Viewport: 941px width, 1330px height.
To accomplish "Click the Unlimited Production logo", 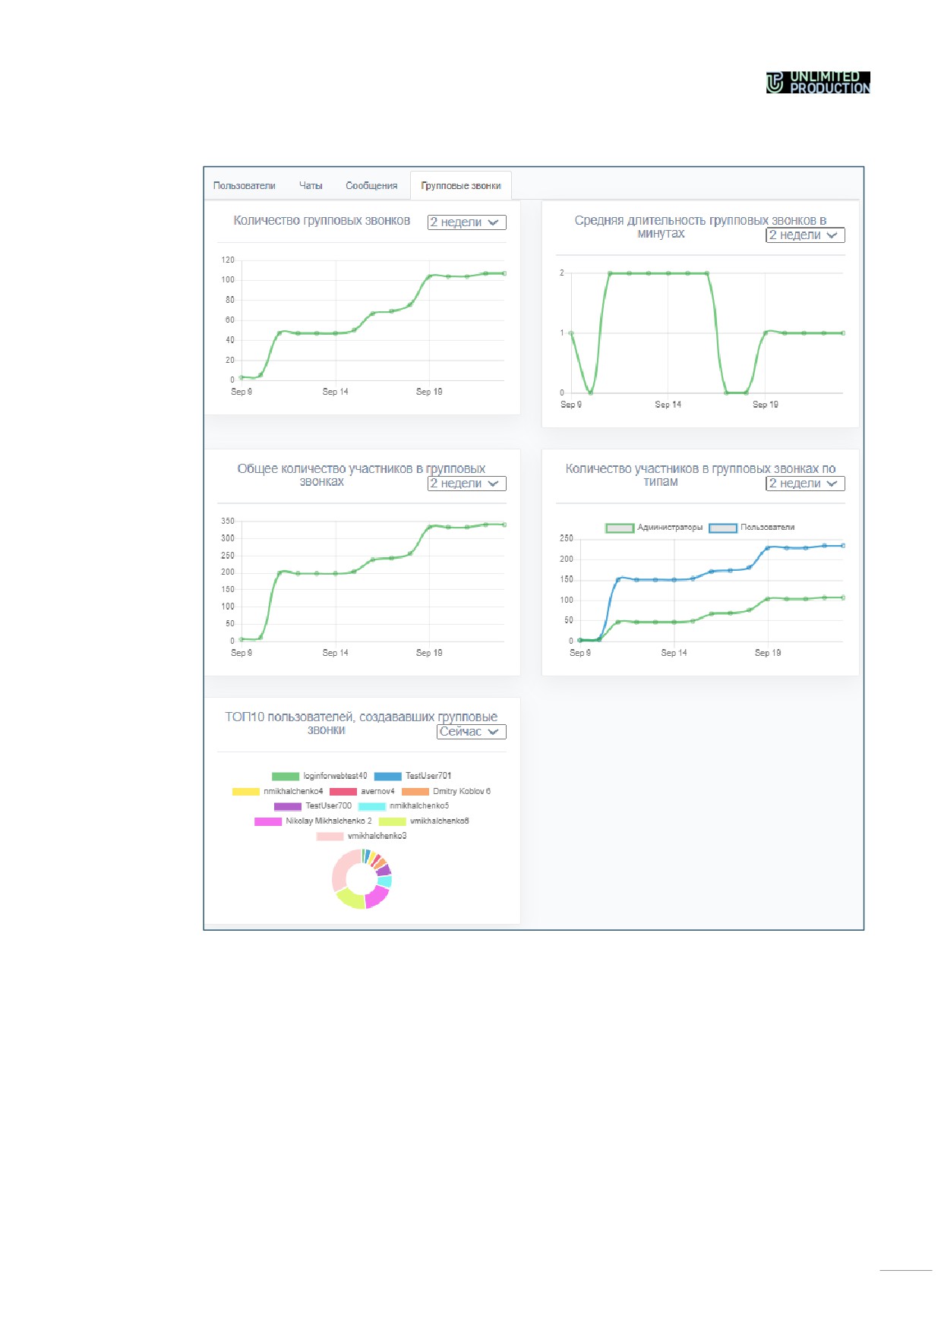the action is pyautogui.click(x=817, y=82).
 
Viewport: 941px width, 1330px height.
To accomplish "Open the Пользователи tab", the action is pyautogui.click(x=244, y=186).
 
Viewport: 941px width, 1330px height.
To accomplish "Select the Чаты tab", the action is pyautogui.click(x=311, y=186).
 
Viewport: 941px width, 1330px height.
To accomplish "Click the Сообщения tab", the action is pyautogui.click(x=371, y=186).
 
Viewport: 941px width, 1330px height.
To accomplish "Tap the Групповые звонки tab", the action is pyautogui.click(x=461, y=186).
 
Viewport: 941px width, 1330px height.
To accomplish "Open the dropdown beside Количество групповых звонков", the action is pyautogui.click(x=466, y=222).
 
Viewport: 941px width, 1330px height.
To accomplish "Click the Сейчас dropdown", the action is pyautogui.click(x=471, y=732).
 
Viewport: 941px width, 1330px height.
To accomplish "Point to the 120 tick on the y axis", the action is pyautogui.click(x=228, y=260).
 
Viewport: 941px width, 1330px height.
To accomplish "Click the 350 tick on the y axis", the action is pyautogui.click(x=228, y=521).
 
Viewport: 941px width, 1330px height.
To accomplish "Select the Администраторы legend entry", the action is pyautogui.click(x=654, y=528).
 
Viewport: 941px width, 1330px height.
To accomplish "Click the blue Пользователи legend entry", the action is pyautogui.click(x=752, y=528).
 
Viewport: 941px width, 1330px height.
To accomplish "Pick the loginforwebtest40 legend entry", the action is pyautogui.click(x=320, y=776).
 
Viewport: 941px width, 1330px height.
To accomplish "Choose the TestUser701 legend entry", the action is pyautogui.click(x=413, y=776).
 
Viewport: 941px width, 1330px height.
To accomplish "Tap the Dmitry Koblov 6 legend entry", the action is pyautogui.click(x=447, y=791).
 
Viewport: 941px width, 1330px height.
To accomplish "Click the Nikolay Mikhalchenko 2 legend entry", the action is pyautogui.click(x=314, y=821).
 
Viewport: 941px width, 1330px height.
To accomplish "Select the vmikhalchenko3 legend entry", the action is pyautogui.click(x=362, y=836).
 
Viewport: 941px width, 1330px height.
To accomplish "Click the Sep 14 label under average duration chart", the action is pyautogui.click(x=668, y=405).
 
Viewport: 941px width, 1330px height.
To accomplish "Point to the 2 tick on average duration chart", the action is pyautogui.click(x=562, y=273).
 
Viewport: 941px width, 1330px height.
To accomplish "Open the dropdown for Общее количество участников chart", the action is pyautogui.click(x=466, y=484).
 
